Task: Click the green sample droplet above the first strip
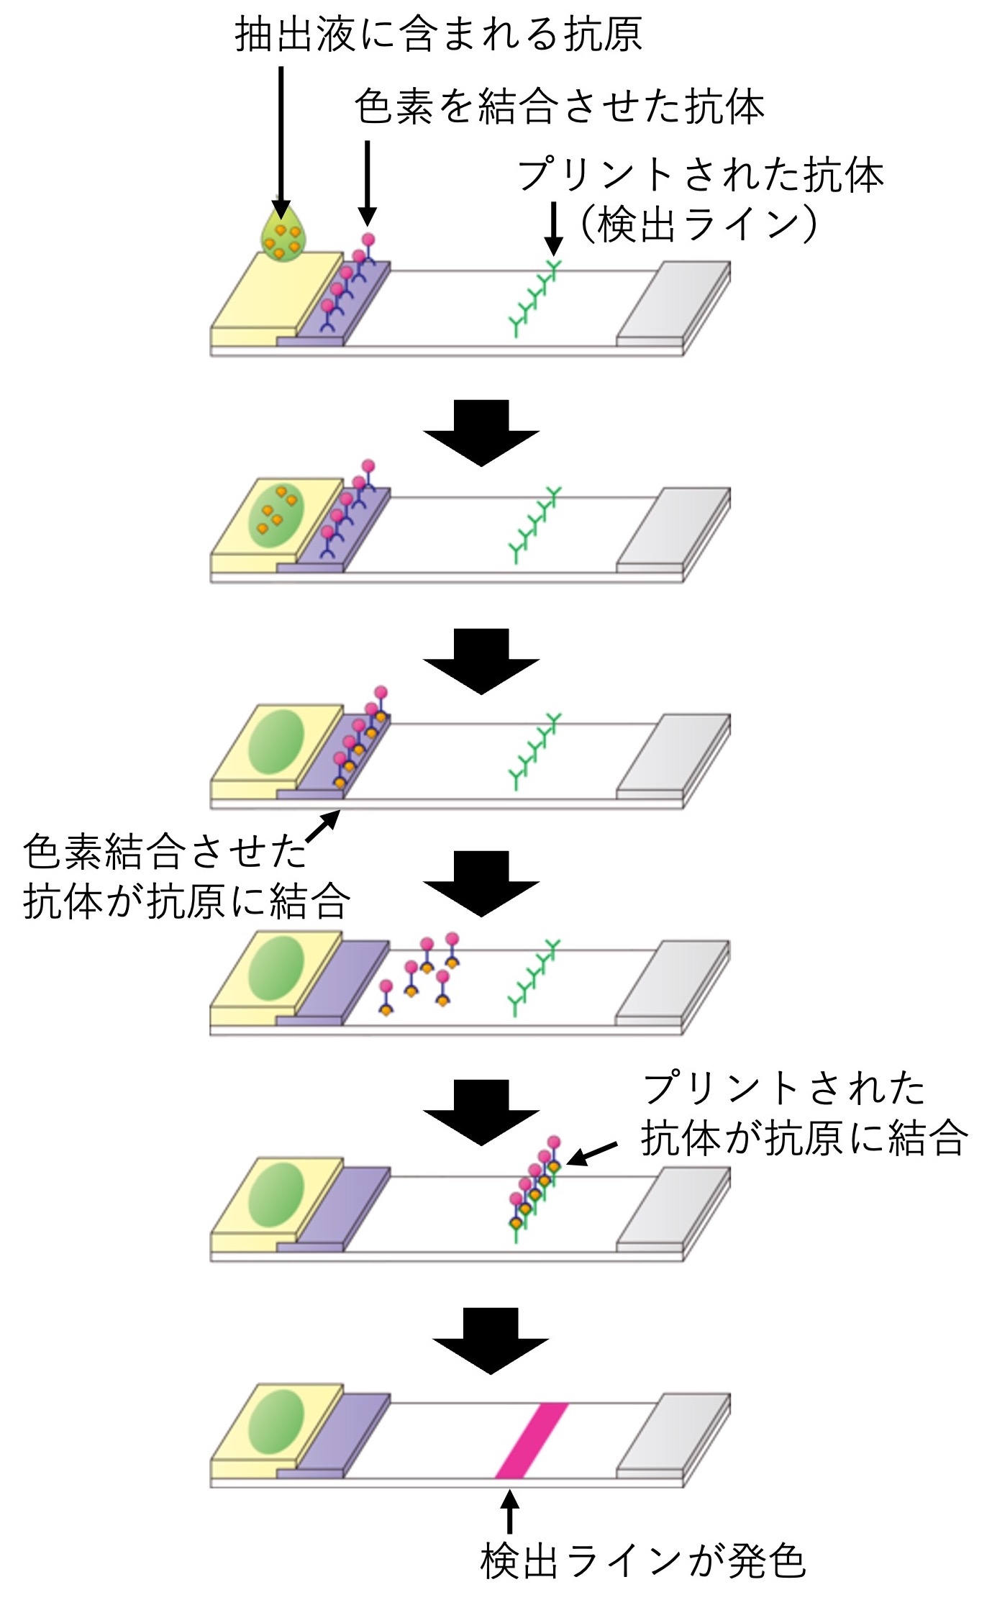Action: (283, 235)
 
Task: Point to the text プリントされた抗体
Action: (700, 175)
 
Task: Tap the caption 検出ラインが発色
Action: (642, 1560)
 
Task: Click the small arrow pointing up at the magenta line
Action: (509, 1512)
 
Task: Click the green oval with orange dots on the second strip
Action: (276, 514)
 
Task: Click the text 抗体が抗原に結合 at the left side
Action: (186, 901)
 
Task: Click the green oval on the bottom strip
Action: (276, 1420)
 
